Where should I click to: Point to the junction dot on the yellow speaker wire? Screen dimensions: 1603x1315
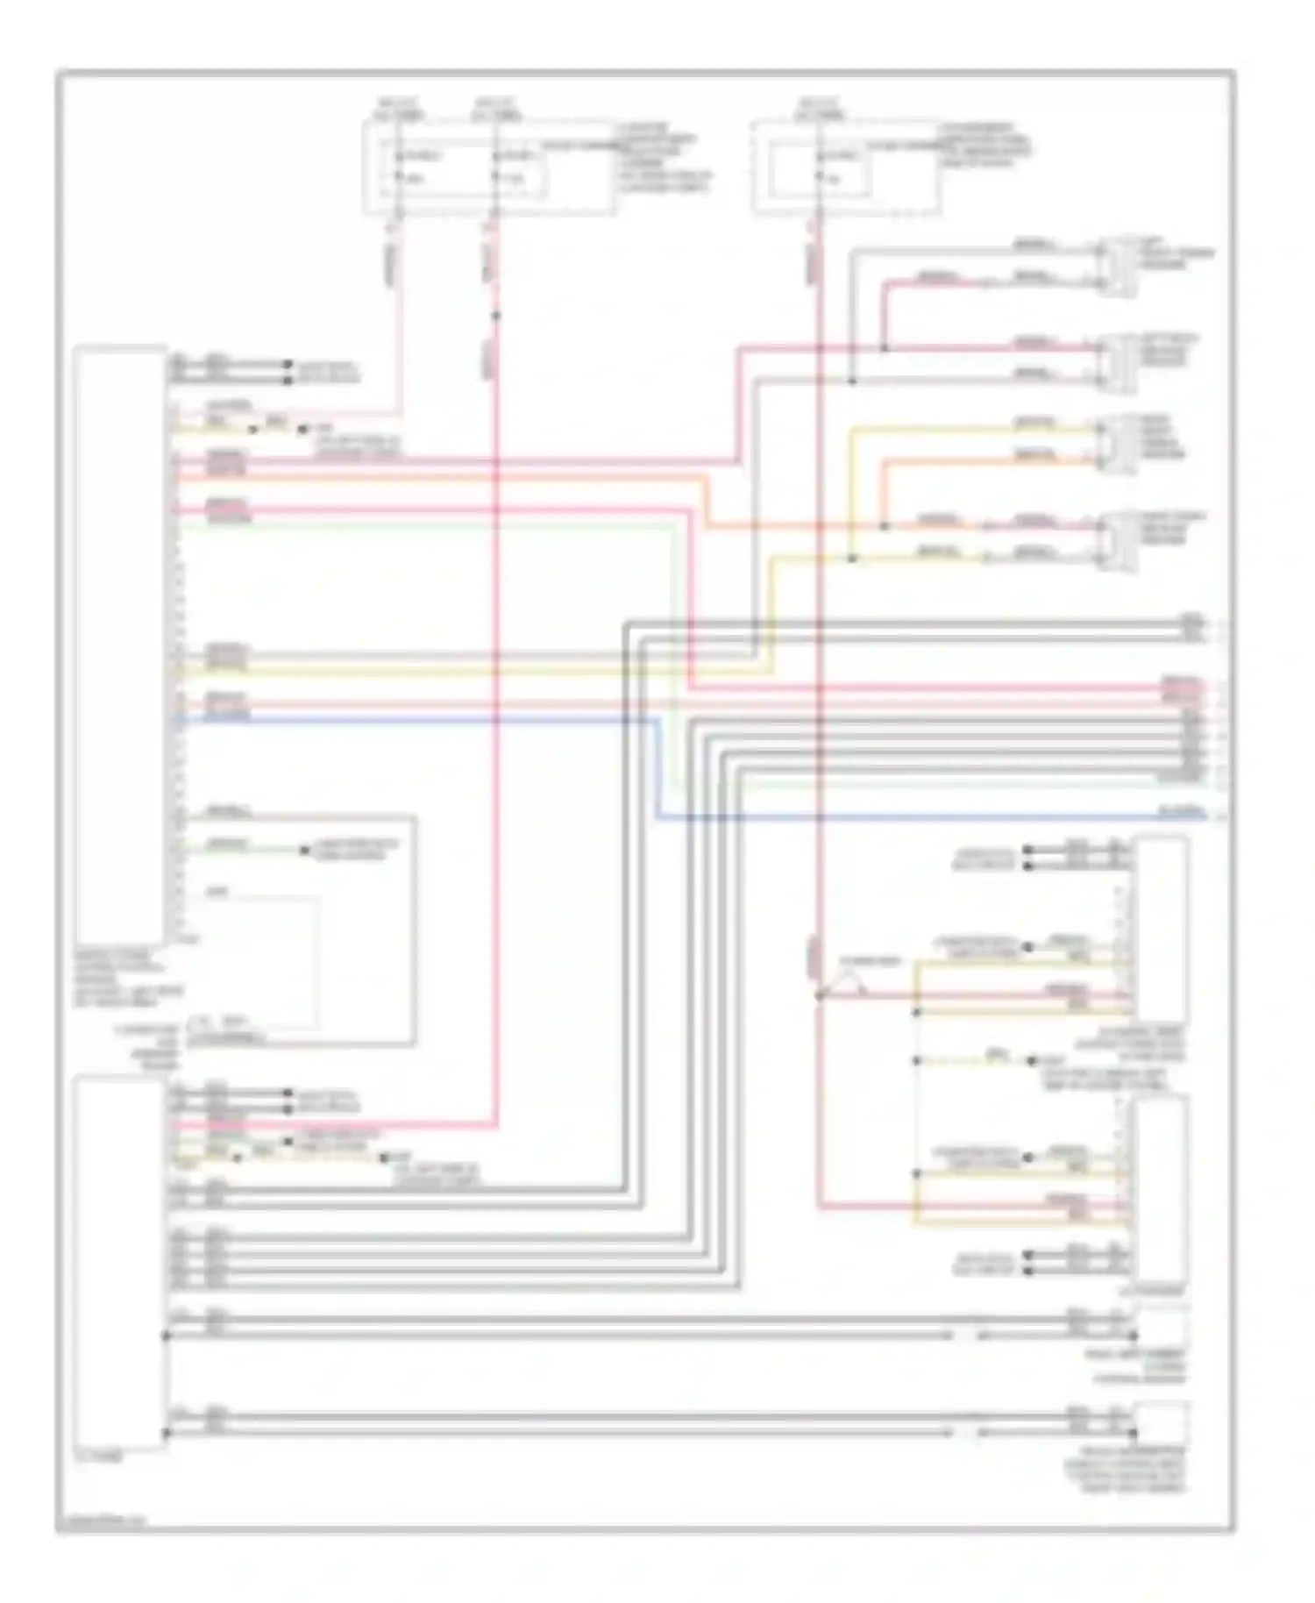(x=851, y=558)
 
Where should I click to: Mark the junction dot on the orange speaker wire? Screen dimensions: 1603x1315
(x=884, y=526)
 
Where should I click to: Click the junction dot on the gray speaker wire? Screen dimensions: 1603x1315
(x=851, y=381)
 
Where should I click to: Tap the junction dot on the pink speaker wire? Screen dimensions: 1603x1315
(x=884, y=349)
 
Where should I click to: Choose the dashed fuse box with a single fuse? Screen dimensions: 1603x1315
(x=845, y=167)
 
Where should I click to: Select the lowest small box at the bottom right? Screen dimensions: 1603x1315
(x=1161, y=1422)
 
